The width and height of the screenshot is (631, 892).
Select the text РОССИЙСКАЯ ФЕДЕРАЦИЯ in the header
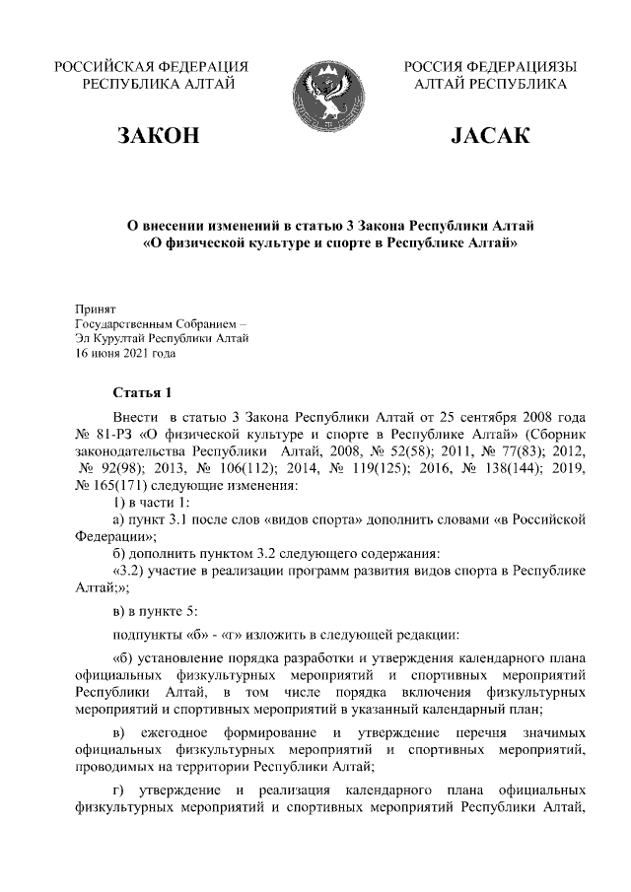151,66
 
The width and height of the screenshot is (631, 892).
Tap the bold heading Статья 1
143,392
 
